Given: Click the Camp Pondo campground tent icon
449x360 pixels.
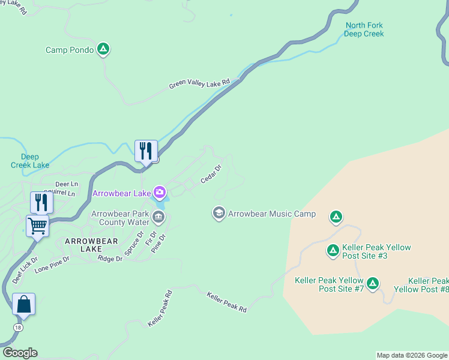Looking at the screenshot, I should tap(103, 49).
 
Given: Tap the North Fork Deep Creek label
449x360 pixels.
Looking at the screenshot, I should tap(364, 29).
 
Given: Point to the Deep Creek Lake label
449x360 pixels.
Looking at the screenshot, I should tap(30, 161).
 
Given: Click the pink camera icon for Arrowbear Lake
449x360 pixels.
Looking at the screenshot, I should tap(160, 193).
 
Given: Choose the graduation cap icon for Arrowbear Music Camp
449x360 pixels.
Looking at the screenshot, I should tap(218, 214).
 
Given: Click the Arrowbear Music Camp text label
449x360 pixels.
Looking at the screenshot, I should tap(271, 214).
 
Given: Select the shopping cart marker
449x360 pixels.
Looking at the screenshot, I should tap(37, 226).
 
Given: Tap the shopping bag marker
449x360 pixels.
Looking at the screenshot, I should tap(23, 304).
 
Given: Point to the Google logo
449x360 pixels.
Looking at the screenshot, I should tap(20, 353).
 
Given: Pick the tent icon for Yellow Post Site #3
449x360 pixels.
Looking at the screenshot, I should tap(333, 250).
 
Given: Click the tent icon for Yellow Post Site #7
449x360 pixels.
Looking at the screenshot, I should tap(373, 283).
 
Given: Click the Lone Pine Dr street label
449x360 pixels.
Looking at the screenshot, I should tap(52, 265).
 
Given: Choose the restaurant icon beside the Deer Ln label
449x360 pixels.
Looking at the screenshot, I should tap(41, 202).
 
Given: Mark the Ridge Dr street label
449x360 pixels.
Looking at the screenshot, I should tap(110, 258).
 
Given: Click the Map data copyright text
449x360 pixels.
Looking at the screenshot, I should tap(412, 355).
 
